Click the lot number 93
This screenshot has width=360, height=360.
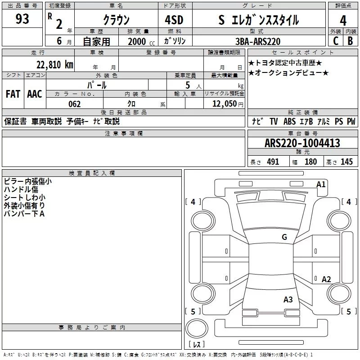click(x=22, y=19)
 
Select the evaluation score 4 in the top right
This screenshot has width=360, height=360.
click(x=343, y=20)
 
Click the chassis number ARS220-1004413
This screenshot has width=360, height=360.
click(x=302, y=144)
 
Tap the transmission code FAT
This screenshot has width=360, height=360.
click(x=13, y=94)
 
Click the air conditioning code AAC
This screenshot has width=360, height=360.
click(x=34, y=94)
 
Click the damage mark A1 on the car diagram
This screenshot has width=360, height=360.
click(x=321, y=184)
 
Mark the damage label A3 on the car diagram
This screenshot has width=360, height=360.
click(x=288, y=299)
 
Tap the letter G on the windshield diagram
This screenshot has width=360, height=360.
click(x=284, y=237)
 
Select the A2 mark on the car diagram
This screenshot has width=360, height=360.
click(x=326, y=279)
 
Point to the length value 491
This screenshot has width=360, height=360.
click(x=273, y=162)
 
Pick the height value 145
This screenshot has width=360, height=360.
click(x=346, y=162)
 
